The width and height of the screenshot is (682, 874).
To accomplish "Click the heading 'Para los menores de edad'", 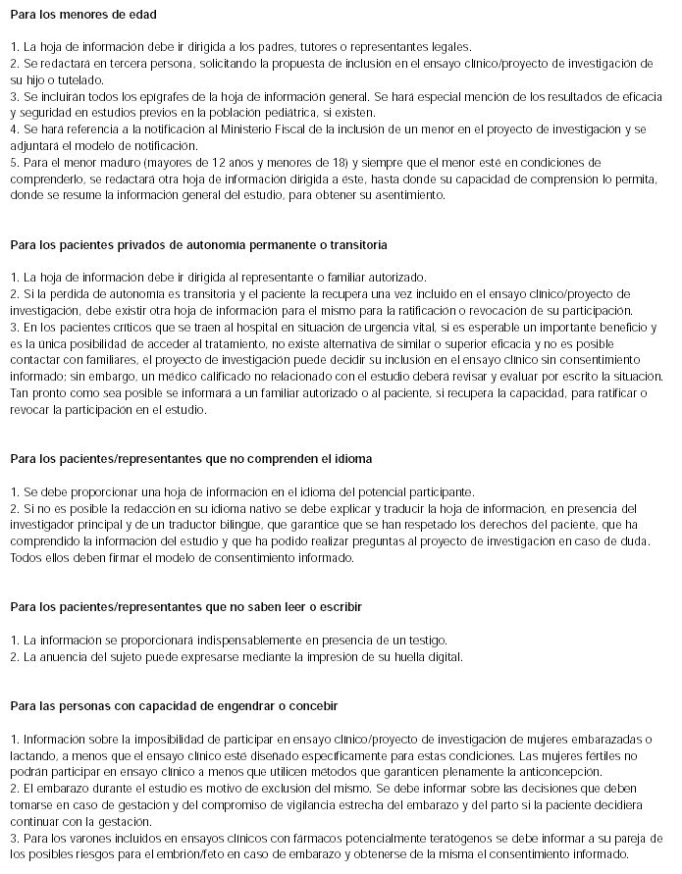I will [x=82, y=16].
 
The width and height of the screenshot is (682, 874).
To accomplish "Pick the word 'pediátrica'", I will [x=313, y=113].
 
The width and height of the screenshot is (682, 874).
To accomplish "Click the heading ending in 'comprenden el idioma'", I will [x=191, y=459].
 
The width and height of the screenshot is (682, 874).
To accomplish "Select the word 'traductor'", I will [x=198, y=525].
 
